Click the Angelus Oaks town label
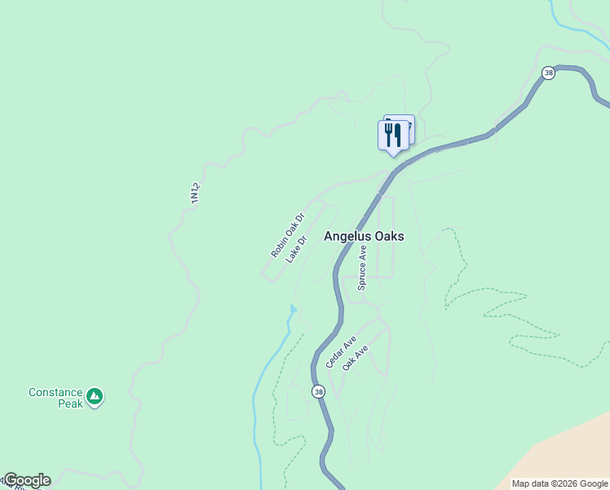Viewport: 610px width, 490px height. [364, 236]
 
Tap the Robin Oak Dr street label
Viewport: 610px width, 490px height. [287, 235]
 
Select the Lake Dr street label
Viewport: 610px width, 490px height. [296, 249]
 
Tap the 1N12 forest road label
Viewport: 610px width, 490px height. [195, 193]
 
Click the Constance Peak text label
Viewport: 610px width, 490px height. [55, 398]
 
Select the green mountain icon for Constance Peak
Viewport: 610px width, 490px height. [95, 396]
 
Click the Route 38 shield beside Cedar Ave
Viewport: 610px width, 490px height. [318, 392]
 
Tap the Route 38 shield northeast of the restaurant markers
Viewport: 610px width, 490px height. [548, 73]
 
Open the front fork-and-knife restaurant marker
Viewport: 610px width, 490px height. [392, 135]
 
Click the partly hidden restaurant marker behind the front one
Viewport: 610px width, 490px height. [406, 125]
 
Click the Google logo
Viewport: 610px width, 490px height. [26, 480]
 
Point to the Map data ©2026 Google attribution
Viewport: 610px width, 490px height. [559, 483]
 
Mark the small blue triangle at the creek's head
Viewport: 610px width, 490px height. [293, 309]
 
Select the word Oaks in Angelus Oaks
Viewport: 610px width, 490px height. [388, 236]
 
